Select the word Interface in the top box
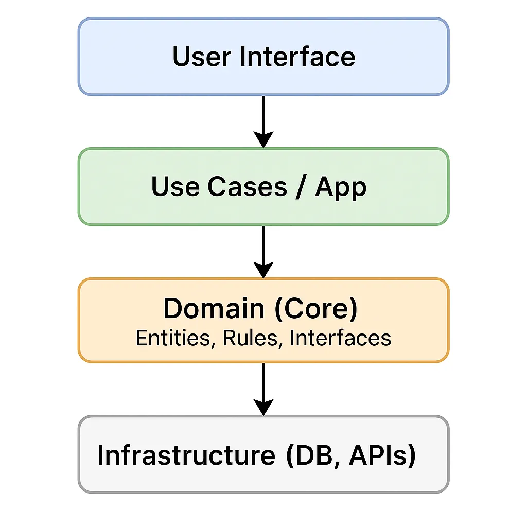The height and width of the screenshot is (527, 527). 297,57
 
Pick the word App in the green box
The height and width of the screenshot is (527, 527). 341,187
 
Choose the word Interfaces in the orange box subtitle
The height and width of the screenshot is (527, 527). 340,338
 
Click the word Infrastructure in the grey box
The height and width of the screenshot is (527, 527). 186,455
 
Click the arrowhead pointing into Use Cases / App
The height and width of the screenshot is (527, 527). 263,139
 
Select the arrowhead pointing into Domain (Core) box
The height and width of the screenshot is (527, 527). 263,270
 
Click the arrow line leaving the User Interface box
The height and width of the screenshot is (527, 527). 263,113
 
